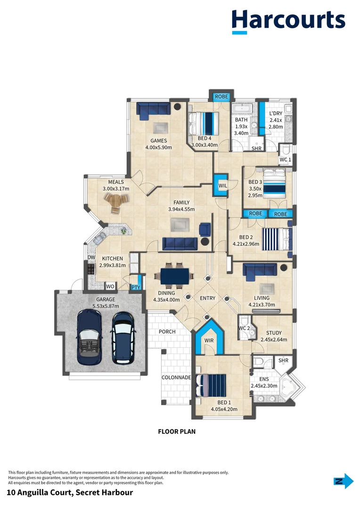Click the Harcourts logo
coord(288,21)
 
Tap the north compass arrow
coord(344,481)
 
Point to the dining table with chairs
coord(174,276)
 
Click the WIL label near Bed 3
coord(222,186)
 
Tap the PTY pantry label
coord(136,287)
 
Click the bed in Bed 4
coord(204,123)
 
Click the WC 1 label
coord(286,160)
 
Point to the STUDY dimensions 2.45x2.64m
coord(273,339)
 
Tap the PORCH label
coord(167,332)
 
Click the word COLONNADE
coord(176,378)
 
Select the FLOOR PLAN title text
coord(176,431)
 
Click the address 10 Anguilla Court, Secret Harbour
coord(70,493)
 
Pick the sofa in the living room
coord(260,270)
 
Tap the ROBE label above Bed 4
coord(221,97)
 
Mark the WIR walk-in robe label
coord(209,340)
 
